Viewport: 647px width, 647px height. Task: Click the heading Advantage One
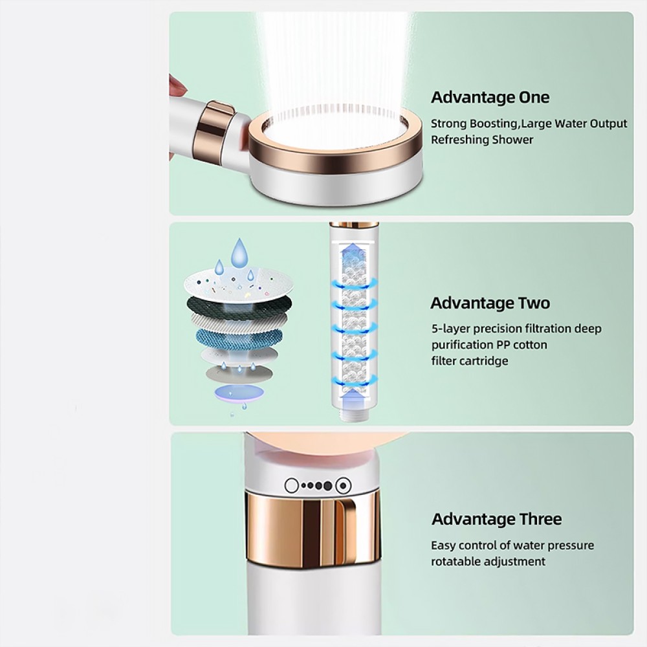(490, 98)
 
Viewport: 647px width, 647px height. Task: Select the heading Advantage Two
(490, 303)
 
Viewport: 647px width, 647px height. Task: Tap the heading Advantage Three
(496, 519)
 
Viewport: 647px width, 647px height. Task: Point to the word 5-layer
(450, 329)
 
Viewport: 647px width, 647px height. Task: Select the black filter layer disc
(239, 305)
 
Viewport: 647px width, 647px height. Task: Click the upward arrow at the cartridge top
(355, 251)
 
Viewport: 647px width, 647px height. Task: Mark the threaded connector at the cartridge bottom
(354, 414)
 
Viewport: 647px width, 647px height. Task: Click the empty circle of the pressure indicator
(292, 486)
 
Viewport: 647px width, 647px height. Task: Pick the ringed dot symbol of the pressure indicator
(344, 486)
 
